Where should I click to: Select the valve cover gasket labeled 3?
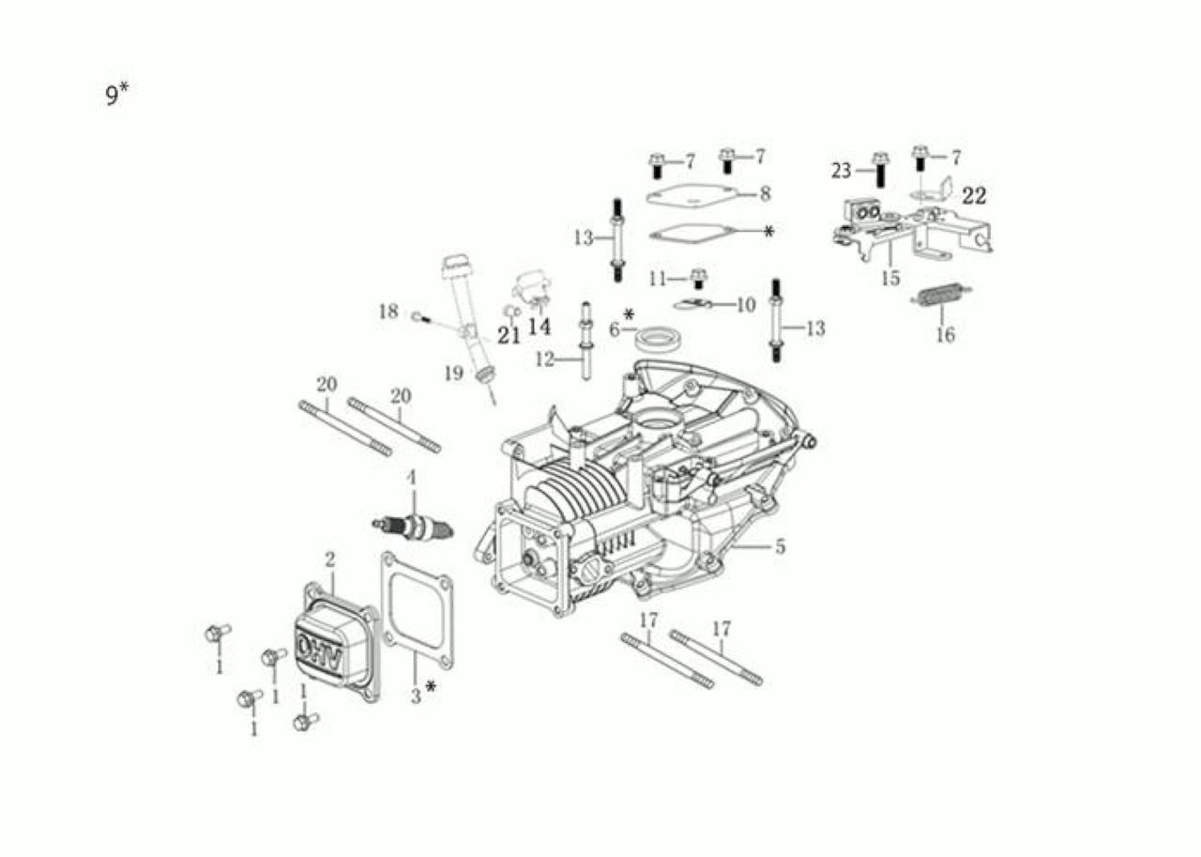coord(417,611)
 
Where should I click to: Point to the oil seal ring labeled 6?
coord(658,339)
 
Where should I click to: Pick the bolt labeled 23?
coord(880,170)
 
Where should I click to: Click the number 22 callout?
coord(974,196)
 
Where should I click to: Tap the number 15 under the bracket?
coord(890,279)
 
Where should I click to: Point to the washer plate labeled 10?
coord(692,304)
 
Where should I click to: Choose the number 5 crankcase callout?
coord(780,546)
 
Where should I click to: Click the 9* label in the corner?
coord(117,95)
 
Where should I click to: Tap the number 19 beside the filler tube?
coord(453,374)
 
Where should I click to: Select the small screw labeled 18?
coord(422,318)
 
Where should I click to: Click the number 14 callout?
coord(539,327)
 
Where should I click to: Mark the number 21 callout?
coord(509,336)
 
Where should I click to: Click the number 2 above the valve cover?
coord(329,559)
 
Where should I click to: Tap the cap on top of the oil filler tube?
coord(452,267)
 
